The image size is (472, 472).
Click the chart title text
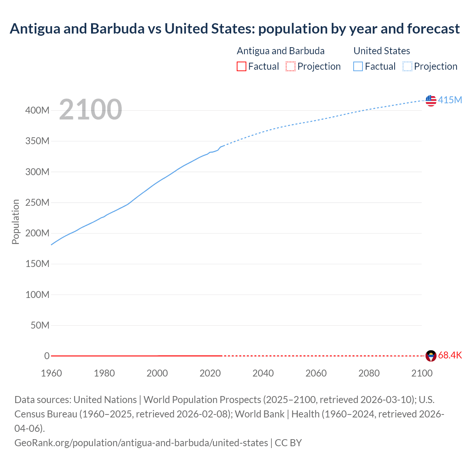pyautogui.click(x=235, y=28)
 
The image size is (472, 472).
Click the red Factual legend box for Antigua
pyautogui.click(x=241, y=66)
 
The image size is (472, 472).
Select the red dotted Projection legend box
pyautogui.click(x=291, y=66)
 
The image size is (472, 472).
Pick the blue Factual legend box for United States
pyautogui.click(x=358, y=66)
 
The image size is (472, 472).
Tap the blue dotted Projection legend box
pyautogui.click(x=407, y=66)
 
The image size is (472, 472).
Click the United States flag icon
pyautogui.click(x=431, y=100)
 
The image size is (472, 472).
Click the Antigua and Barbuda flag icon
pyautogui.click(x=431, y=356)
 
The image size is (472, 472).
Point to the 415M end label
pyautogui.click(x=450, y=100)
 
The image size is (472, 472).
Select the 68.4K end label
pyautogui.click(x=450, y=355)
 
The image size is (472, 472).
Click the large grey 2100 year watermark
pyautogui.click(x=90, y=110)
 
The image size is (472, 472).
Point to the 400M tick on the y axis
pyautogui.click(x=37, y=110)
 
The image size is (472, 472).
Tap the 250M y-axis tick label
pyautogui.click(x=37, y=202)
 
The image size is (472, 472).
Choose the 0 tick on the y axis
pyautogui.click(x=47, y=356)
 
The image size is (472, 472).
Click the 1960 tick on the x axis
pyautogui.click(x=51, y=373)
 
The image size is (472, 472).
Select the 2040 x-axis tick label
pyautogui.click(x=263, y=373)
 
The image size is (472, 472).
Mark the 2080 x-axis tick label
pyautogui.click(x=369, y=373)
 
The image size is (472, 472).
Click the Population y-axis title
pyautogui.click(x=15, y=222)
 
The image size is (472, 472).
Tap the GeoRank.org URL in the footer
pyautogui.click(x=141, y=442)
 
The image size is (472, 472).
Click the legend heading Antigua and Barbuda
pyautogui.click(x=281, y=51)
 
